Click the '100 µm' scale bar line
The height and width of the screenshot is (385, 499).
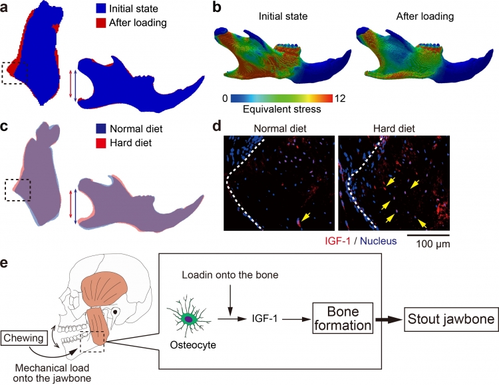click(x=428, y=234)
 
